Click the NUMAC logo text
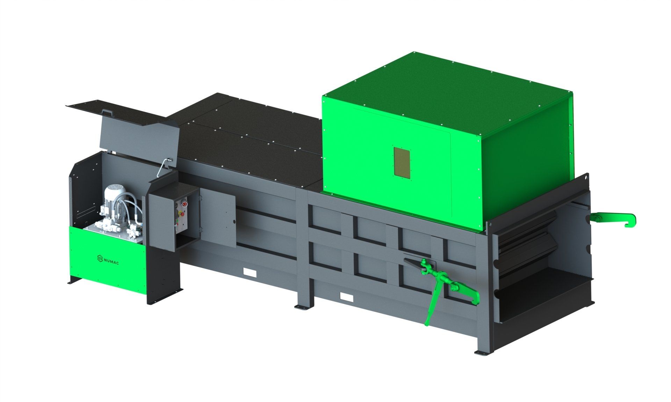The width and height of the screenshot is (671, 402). click(x=108, y=260)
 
